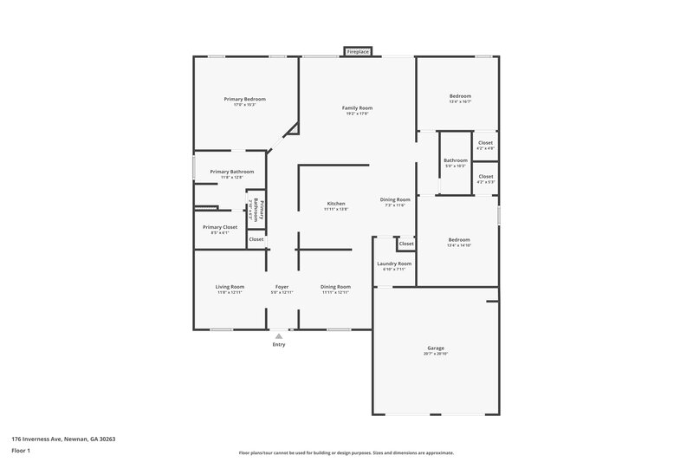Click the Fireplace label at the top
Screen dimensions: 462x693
click(x=358, y=52)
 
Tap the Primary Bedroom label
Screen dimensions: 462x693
click(x=244, y=100)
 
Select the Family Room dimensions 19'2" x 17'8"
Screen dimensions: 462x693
click(x=358, y=114)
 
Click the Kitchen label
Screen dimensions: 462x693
click(x=335, y=204)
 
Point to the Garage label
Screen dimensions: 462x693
click(x=436, y=348)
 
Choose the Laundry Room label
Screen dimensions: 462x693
click(x=394, y=264)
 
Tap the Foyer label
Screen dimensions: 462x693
click(x=282, y=287)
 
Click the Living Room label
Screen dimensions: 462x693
click(x=230, y=287)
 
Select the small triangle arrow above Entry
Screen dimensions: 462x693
click(x=278, y=335)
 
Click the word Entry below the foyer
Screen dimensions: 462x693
click(x=278, y=345)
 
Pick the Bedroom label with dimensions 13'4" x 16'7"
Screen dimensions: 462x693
click(x=459, y=96)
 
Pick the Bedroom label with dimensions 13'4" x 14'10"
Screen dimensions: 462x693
click(x=459, y=240)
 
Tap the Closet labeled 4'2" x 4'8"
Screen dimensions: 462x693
click(x=485, y=143)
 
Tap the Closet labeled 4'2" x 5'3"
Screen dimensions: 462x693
click(x=485, y=177)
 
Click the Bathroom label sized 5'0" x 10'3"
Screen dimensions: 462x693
click(x=456, y=160)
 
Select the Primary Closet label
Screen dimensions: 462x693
click(x=220, y=227)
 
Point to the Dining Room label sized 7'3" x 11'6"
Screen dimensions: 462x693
click(x=394, y=199)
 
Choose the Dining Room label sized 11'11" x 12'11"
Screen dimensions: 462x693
click(x=335, y=287)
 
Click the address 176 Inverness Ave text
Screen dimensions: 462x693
click(x=63, y=439)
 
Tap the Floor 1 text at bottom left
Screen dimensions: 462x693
click(x=21, y=451)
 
